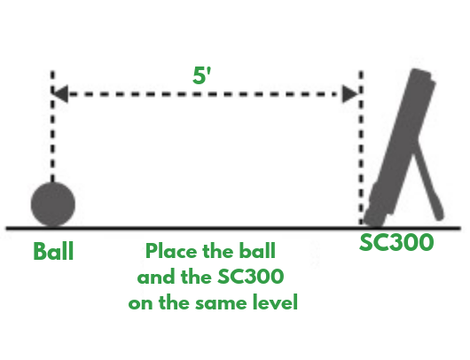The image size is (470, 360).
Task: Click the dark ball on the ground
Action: tap(53, 204)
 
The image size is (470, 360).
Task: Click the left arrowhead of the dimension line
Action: tap(59, 93)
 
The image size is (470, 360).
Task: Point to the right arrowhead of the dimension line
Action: tap(352, 93)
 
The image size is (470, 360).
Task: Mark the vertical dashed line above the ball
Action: tap(53, 133)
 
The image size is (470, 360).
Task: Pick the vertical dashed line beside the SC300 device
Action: tap(361, 151)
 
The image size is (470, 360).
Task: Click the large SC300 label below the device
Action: tap(396, 241)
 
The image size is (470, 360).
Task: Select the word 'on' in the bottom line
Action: tap(141, 302)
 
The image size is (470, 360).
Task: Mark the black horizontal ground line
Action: tap(222, 228)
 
